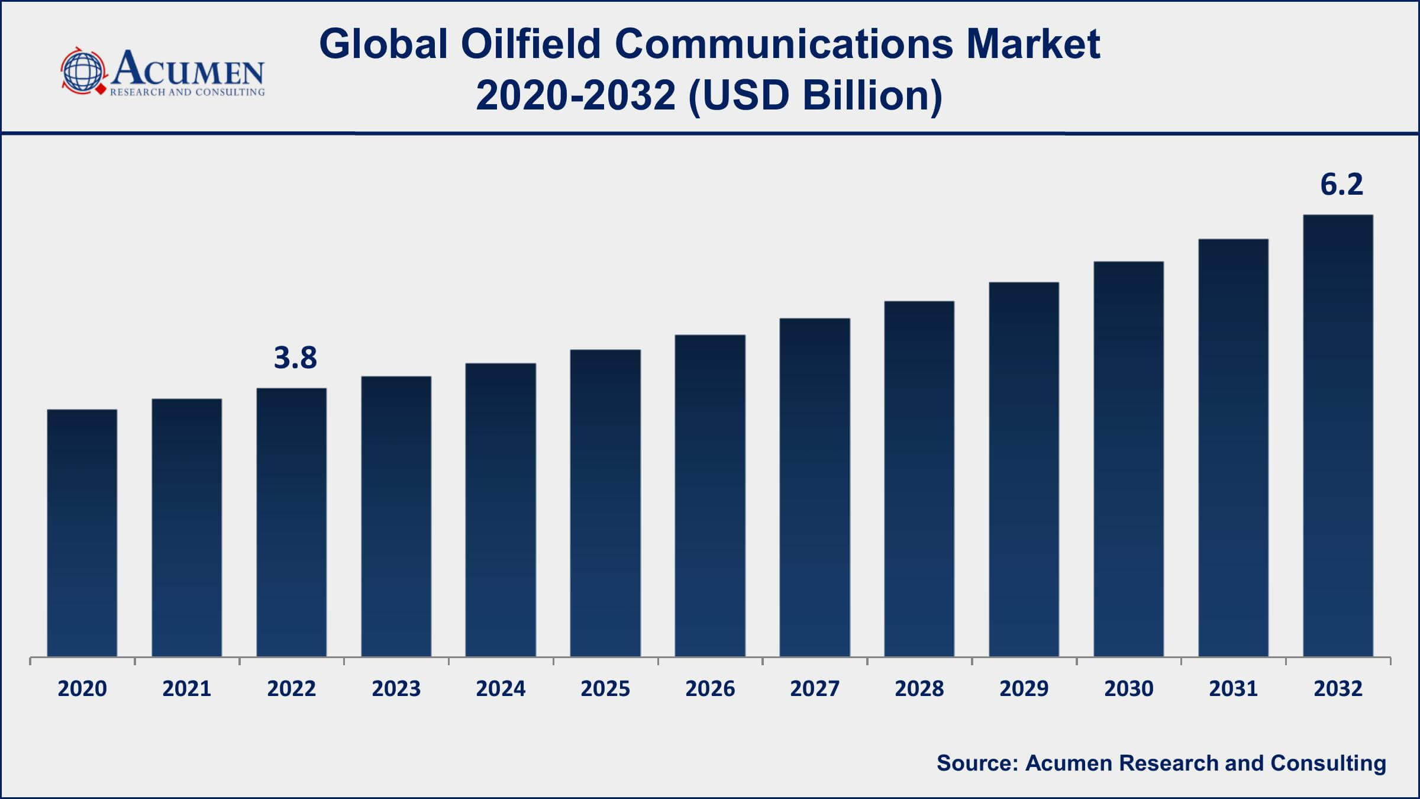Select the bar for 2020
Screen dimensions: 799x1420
pyautogui.click(x=82, y=533)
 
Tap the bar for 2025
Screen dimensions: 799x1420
pyautogui.click(x=605, y=503)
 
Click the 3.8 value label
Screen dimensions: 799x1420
pyautogui.click(x=295, y=358)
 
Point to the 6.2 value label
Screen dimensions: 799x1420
pyautogui.click(x=1341, y=185)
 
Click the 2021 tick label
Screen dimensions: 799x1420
pyautogui.click(x=187, y=689)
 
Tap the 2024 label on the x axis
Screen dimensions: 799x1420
pyautogui.click(x=501, y=689)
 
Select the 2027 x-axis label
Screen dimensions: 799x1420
pyautogui.click(x=814, y=689)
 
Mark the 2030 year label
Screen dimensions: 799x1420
pyautogui.click(x=1128, y=689)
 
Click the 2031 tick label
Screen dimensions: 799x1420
pyautogui.click(x=1233, y=689)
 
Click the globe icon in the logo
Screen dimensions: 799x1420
pyautogui.click(x=83, y=71)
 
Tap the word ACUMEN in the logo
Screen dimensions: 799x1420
pyautogui.click(x=188, y=68)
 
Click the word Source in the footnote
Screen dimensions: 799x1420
pyautogui.click(x=977, y=763)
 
